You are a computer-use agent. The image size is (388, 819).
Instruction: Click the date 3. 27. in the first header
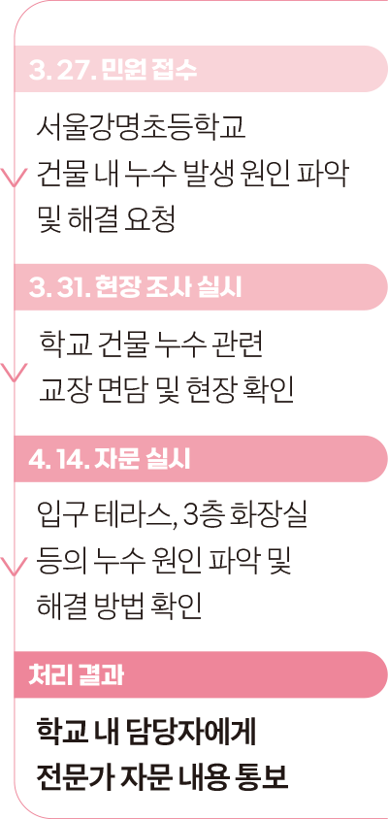coord(63,71)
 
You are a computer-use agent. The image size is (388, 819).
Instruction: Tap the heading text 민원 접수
coord(147,71)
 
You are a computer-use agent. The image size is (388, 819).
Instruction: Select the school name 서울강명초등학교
coord(141,128)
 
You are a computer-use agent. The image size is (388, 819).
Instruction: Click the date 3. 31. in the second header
coord(60,289)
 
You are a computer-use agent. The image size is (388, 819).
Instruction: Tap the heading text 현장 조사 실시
coord(169,289)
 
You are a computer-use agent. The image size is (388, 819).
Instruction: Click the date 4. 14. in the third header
coord(59,460)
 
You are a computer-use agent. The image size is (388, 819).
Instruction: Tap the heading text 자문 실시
coord(142,460)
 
